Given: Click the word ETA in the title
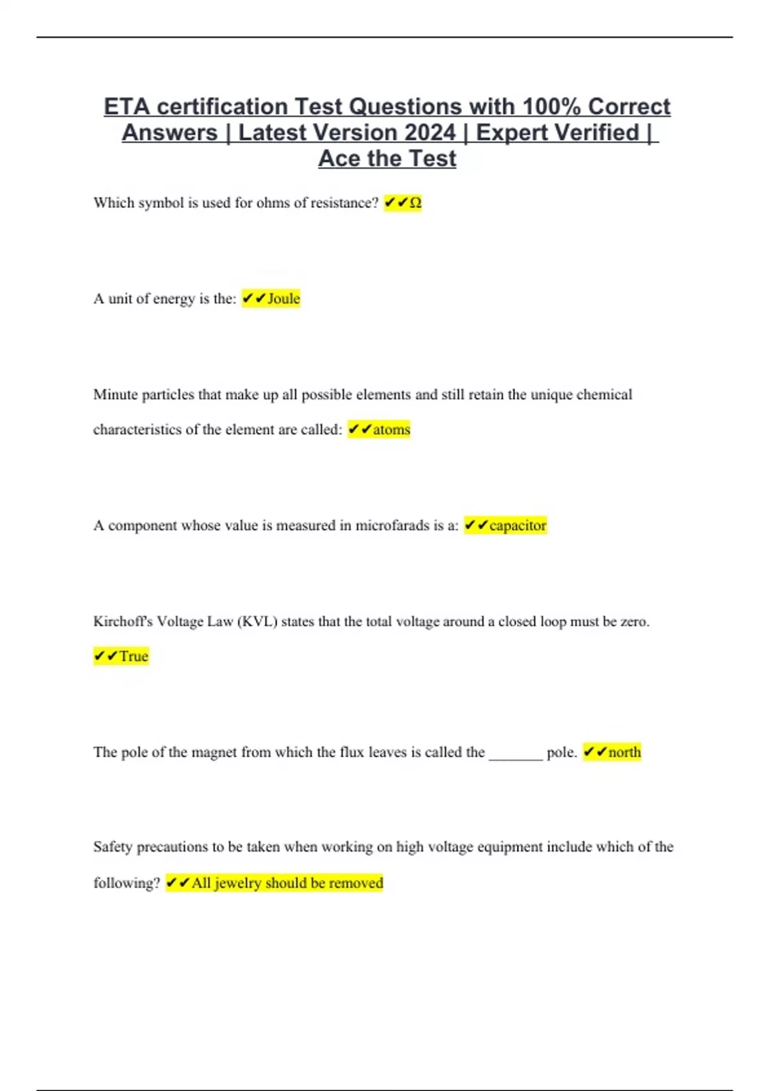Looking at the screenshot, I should point(126,107).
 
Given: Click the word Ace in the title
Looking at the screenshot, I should point(339,159).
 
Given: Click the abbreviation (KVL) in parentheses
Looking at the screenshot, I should point(257,622).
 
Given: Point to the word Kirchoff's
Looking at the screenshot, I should point(123,622).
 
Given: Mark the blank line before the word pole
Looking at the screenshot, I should point(516,754).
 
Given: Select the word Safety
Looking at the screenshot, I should point(113,847).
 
